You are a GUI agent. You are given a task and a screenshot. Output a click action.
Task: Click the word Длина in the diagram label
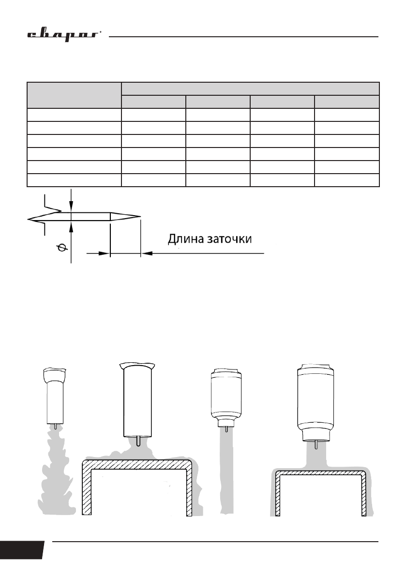(186, 239)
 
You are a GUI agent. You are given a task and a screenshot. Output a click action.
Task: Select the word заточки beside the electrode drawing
(229, 239)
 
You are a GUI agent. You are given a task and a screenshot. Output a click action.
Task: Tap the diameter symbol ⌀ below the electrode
(62, 249)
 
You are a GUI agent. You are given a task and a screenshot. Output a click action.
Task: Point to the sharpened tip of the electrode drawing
(140, 216)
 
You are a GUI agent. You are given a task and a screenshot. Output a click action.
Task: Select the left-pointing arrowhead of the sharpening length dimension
(147, 253)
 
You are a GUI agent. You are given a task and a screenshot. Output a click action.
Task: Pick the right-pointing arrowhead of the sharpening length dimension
(104, 253)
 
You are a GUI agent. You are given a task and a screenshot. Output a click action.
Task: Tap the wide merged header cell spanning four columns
(250, 89)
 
